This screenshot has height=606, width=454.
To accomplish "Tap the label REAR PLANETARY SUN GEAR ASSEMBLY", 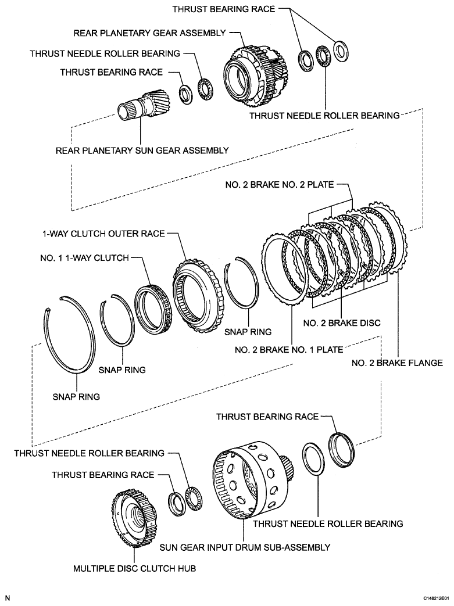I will (142, 150).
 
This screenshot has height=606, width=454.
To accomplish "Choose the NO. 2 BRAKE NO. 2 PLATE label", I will (279, 185).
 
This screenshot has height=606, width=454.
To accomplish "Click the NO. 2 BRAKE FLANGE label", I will (398, 363).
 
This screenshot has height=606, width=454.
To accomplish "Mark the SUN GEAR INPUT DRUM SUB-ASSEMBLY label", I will (245, 547).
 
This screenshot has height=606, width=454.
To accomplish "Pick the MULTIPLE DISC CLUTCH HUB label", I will (134, 569).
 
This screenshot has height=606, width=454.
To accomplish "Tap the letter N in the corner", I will (8, 597).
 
